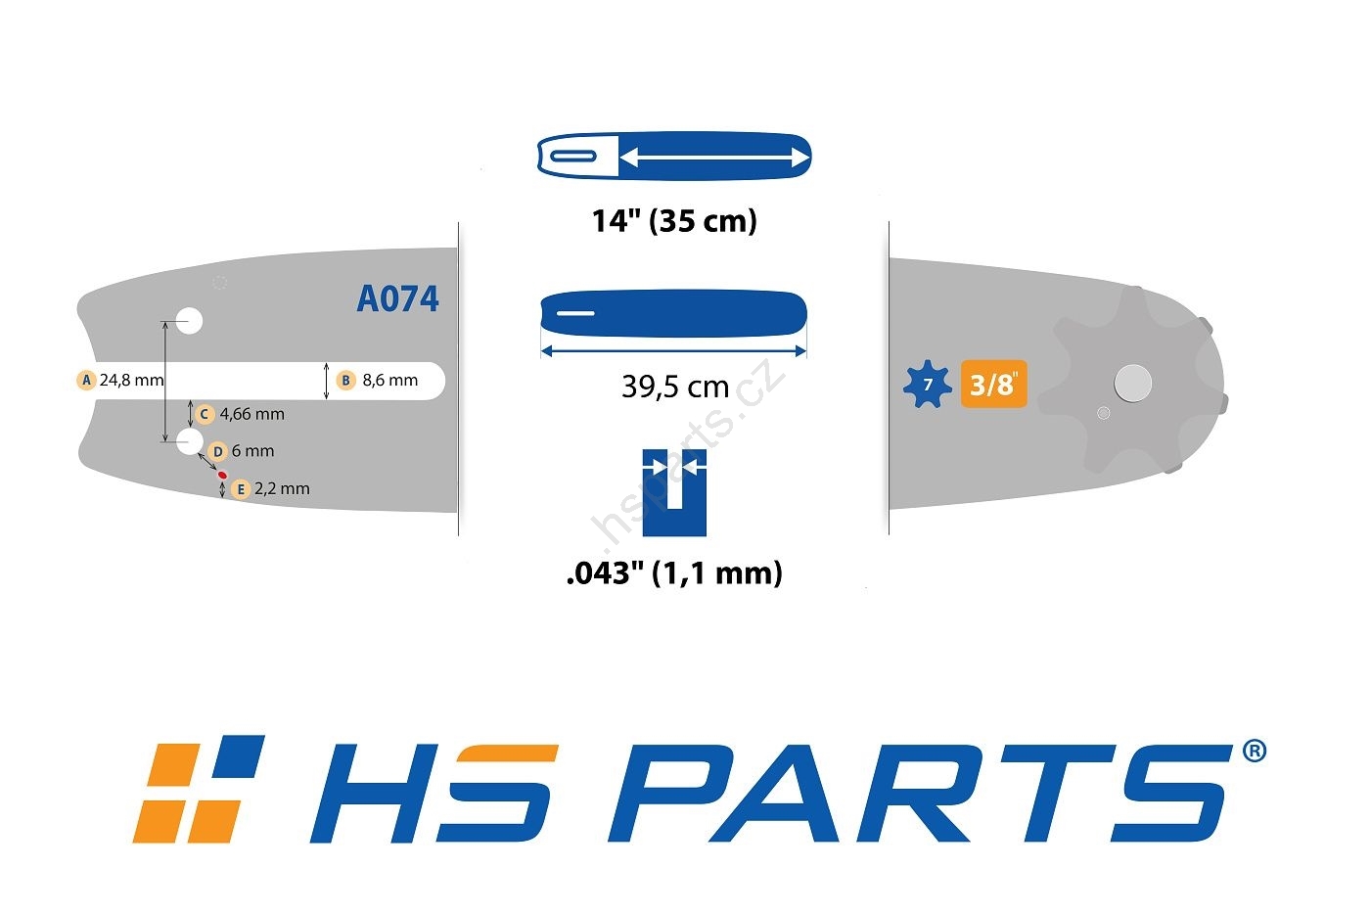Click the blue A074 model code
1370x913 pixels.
[397, 298]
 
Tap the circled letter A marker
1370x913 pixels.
[86, 380]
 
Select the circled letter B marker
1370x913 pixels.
[346, 381]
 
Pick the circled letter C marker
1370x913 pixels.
[205, 414]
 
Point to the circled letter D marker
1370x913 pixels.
[217, 451]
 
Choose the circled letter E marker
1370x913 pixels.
[241, 489]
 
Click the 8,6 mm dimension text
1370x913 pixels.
[390, 381]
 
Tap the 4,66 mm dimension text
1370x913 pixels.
[252, 414]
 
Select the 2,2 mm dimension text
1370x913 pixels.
[282, 488]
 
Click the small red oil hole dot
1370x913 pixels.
[223, 475]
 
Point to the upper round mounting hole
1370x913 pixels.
[190, 320]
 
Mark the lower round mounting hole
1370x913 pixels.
[190, 441]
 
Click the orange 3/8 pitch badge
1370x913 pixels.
[994, 384]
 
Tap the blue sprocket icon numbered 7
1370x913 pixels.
[928, 384]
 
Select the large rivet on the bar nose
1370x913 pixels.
[1133, 384]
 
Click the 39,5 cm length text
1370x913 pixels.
[675, 387]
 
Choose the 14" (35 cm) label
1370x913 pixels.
[674, 221]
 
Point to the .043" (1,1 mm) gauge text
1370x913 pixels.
[674, 573]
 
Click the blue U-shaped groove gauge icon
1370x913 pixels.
[674, 493]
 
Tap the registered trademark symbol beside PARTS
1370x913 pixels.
[1255, 751]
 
